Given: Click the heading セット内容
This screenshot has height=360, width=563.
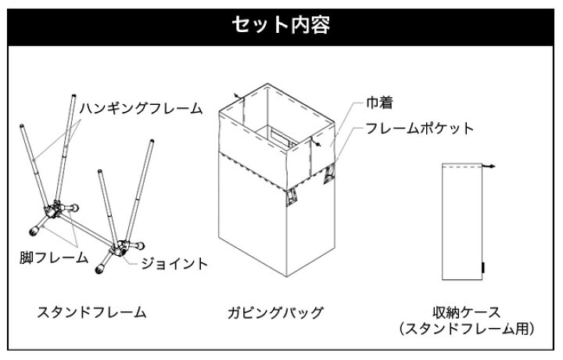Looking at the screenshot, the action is click(281, 25).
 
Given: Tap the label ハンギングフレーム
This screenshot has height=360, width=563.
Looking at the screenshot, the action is click(141, 108).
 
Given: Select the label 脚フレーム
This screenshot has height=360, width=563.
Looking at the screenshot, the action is click(54, 257).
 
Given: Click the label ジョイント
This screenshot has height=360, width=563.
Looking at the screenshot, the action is click(174, 264).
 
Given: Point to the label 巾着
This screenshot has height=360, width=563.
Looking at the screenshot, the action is click(379, 103).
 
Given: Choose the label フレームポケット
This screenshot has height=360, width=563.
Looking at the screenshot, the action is click(419, 128).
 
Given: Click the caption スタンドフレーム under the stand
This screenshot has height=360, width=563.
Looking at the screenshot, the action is click(92, 311).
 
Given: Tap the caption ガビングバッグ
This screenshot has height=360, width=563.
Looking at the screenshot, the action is click(275, 312).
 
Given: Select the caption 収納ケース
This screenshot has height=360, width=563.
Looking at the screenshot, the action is click(466, 311).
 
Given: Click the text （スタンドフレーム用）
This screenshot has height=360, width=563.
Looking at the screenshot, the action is click(466, 329).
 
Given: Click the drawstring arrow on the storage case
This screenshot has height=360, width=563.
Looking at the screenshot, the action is click(489, 166).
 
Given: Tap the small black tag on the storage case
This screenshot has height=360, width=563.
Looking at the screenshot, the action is click(483, 268).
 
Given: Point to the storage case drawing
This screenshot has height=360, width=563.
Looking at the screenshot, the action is click(462, 221).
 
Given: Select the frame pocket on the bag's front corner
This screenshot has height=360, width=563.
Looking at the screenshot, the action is click(291, 198).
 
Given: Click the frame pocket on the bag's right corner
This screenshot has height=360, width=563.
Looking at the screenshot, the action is click(330, 174).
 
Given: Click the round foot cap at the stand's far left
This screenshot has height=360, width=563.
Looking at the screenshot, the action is click(34, 231).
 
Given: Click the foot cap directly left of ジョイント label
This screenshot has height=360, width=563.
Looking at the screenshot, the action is click(100, 268).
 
